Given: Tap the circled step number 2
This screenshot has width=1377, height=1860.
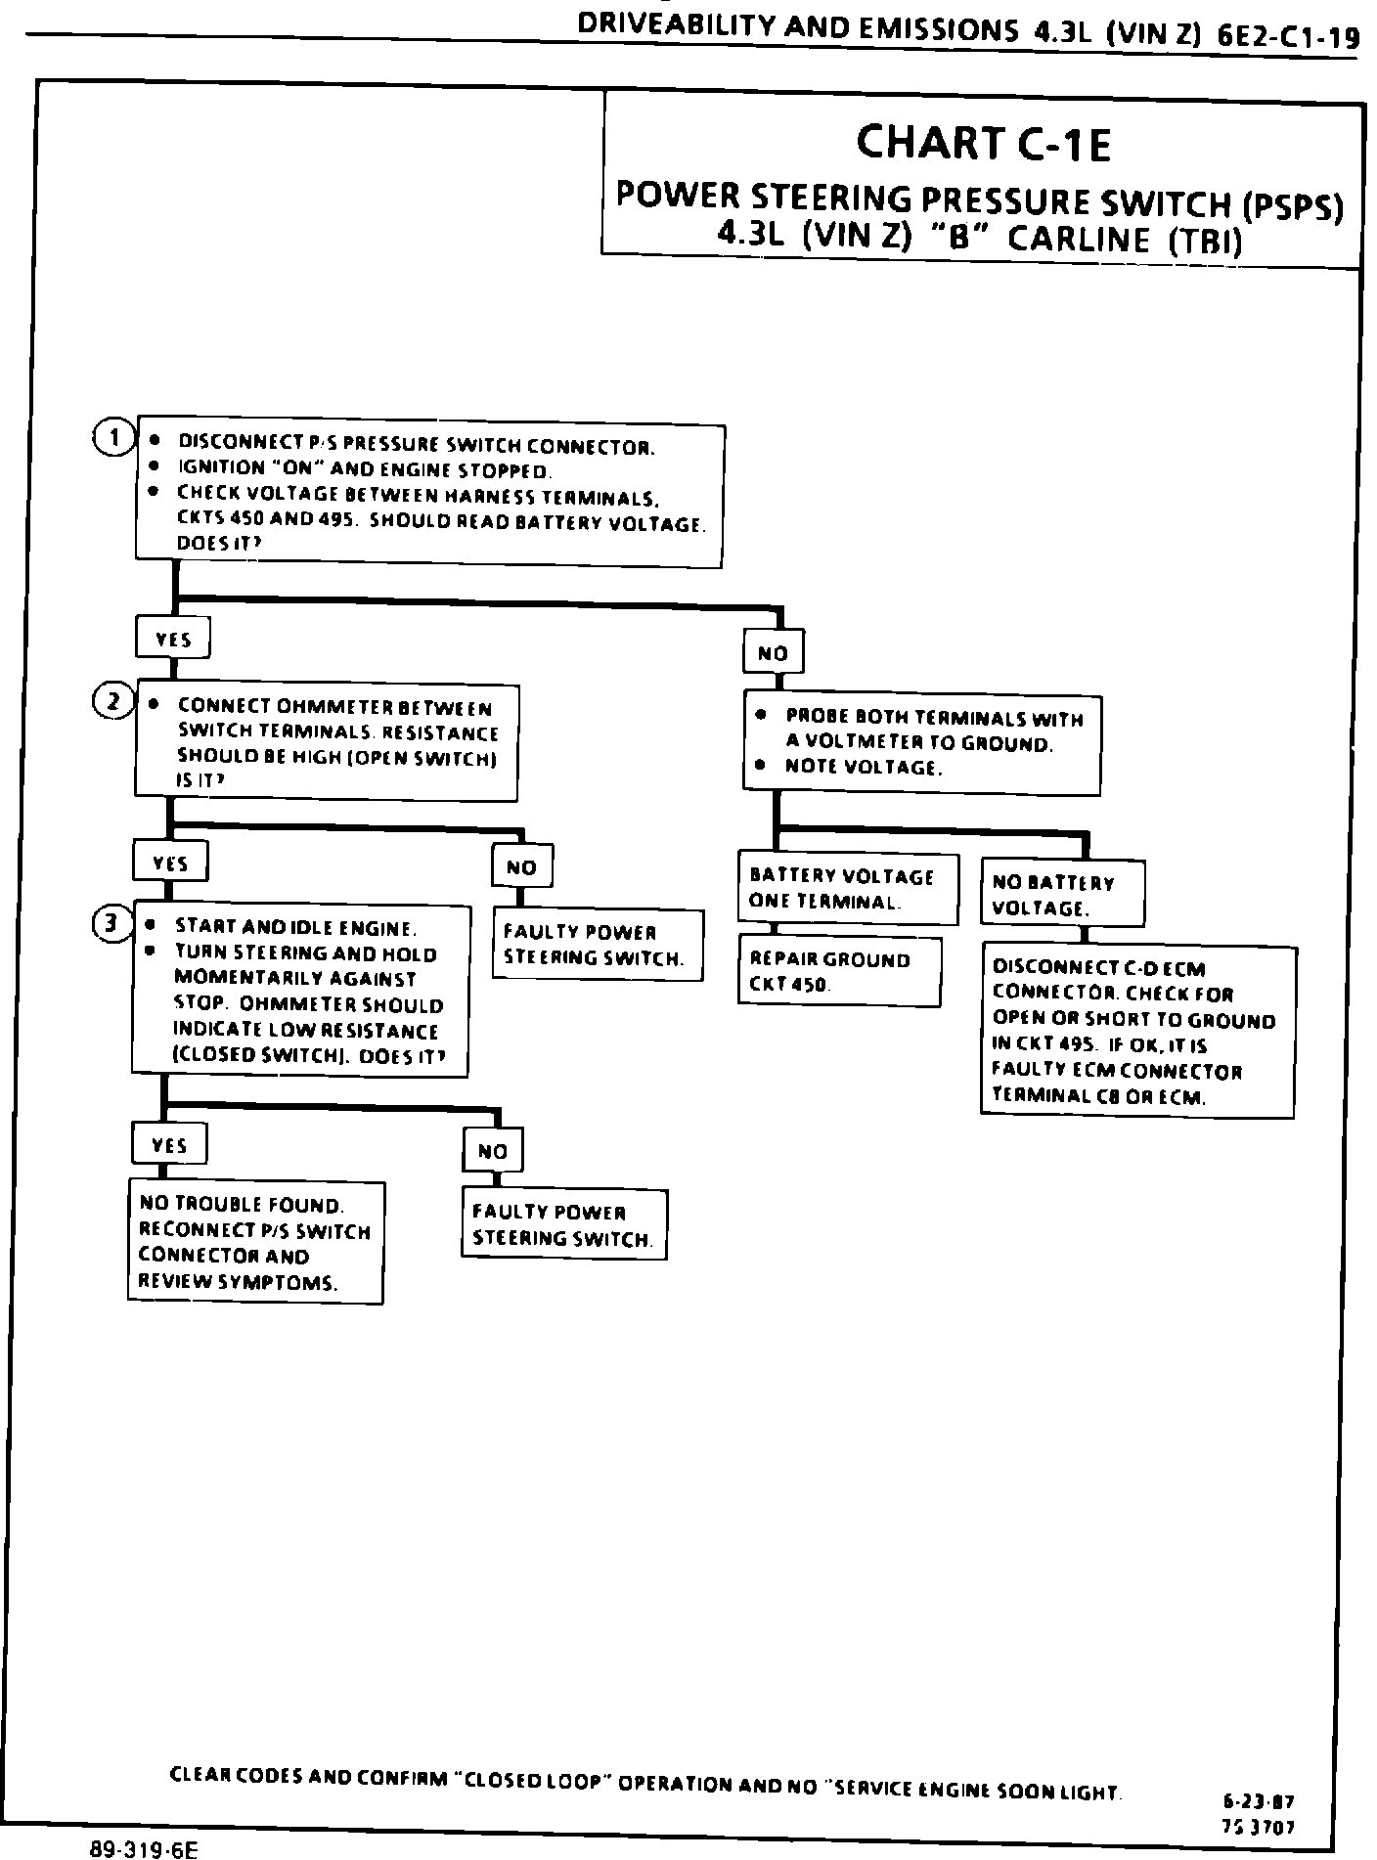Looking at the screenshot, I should (x=112, y=701).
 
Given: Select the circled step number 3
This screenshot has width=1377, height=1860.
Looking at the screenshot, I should (x=112, y=922).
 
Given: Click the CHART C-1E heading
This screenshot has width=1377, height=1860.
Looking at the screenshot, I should (x=983, y=144).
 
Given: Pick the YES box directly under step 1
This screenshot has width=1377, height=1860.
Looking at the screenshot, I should (x=173, y=640).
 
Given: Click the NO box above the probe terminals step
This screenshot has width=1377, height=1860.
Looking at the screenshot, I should (x=774, y=652).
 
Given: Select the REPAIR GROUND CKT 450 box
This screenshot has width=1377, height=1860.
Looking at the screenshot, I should (x=839, y=972).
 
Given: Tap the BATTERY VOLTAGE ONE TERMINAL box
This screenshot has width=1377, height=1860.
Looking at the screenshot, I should (x=847, y=888).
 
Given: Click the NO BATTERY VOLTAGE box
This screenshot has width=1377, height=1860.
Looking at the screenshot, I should (x=1062, y=894).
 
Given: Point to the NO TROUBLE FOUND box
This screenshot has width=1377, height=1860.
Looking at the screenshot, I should (x=255, y=1242).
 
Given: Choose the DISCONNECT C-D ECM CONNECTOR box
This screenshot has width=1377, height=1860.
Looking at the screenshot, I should (x=1137, y=1031).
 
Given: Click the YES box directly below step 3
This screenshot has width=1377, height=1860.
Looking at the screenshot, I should (x=169, y=1144).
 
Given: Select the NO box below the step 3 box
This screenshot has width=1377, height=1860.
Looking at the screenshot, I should (x=492, y=1151).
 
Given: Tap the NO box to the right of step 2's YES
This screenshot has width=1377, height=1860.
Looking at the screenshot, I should (x=522, y=866).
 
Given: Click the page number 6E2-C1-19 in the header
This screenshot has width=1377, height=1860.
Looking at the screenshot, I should (x=1288, y=37).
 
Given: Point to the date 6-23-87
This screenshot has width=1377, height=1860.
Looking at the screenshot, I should (x=1259, y=1801).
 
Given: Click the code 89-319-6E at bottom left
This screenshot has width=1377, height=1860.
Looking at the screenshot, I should (x=144, y=1848).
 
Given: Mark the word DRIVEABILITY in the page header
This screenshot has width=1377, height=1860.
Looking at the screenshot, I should (x=673, y=26).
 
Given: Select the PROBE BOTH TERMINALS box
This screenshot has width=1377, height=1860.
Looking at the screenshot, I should (x=921, y=744).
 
